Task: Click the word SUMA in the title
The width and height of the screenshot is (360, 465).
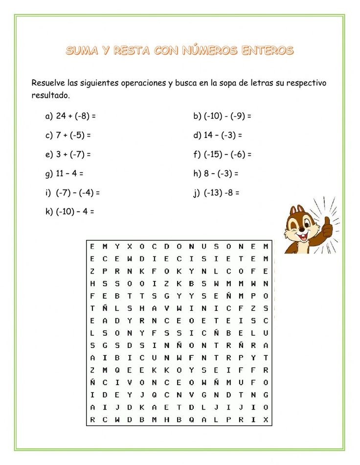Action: pos(83,50)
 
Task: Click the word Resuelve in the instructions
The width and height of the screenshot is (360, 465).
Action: pos(48,83)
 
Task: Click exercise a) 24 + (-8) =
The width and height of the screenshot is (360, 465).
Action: pos(70,116)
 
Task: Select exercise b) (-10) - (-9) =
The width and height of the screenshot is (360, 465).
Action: pos(222,116)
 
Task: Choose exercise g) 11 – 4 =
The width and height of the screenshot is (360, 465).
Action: pos(64,173)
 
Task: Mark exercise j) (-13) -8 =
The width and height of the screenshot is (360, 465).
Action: pos(216,192)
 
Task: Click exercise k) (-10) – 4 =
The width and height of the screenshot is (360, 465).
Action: pos(69,211)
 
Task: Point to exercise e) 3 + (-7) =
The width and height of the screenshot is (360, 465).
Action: pos(68,154)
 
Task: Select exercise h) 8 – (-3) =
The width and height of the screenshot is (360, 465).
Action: pos(216,173)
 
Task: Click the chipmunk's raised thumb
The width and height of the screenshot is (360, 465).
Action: pos(326,226)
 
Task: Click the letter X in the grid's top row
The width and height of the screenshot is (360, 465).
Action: pos(130,246)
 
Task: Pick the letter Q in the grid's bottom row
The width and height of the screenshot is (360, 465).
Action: pos(191,419)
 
